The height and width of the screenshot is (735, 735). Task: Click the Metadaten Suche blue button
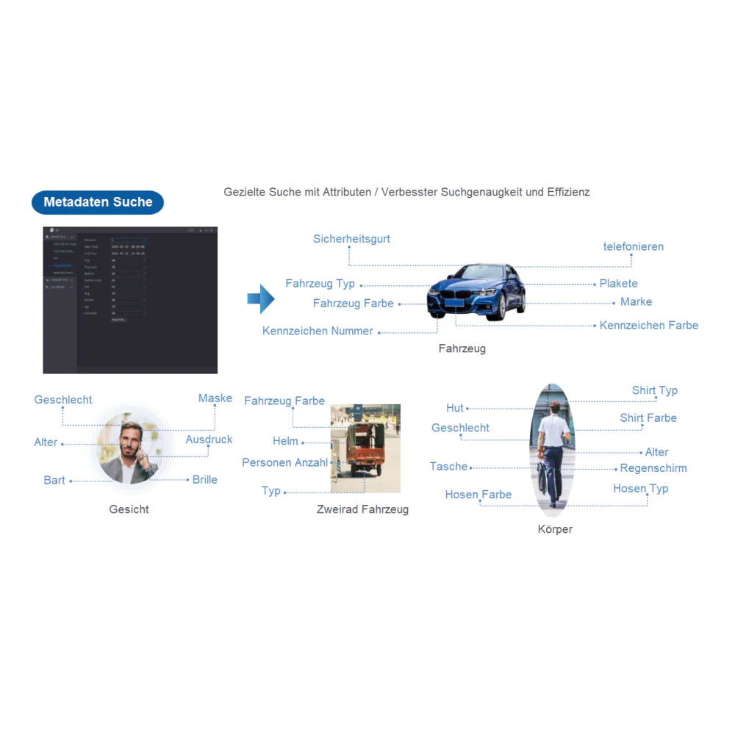pyautogui.click(x=98, y=202)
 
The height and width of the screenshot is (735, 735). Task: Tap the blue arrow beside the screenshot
pyautogui.click(x=260, y=299)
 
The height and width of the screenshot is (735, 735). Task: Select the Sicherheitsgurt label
pyautogui.click(x=351, y=239)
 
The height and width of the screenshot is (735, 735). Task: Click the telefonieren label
pyautogui.click(x=633, y=247)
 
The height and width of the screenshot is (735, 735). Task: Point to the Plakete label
pyautogui.click(x=618, y=284)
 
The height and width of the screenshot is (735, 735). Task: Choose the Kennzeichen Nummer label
pyautogui.click(x=318, y=331)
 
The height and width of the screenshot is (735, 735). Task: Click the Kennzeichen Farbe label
pyautogui.click(x=648, y=326)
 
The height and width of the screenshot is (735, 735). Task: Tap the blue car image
pyautogui.click(x=476, y=292)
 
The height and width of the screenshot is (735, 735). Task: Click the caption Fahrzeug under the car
pyautogui.click(x=462, y=349)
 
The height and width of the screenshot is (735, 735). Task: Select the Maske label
pyautogui.click(x=215, y=398)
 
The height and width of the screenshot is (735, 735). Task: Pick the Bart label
pyautogui.click(x=54, y=481)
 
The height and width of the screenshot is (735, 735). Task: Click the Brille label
pyautogui.click(x=204, y=480)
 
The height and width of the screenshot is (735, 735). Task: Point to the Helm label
pyautogui.click(x=285, y=441)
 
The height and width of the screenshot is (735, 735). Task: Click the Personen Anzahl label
pyautogui.click(x=284, y=463)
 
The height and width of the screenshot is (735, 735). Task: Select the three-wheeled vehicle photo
pyautogui.click(x=365, y=448)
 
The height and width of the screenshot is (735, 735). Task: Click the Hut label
pyautogui.click(x=454, y=408)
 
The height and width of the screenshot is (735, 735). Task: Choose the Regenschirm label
pyautogui.click(x=653, y=468)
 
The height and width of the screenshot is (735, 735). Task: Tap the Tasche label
pyautogui.click(x=448, y=467)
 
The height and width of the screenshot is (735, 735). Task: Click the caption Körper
pyautogui.click(x=554, y=529)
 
